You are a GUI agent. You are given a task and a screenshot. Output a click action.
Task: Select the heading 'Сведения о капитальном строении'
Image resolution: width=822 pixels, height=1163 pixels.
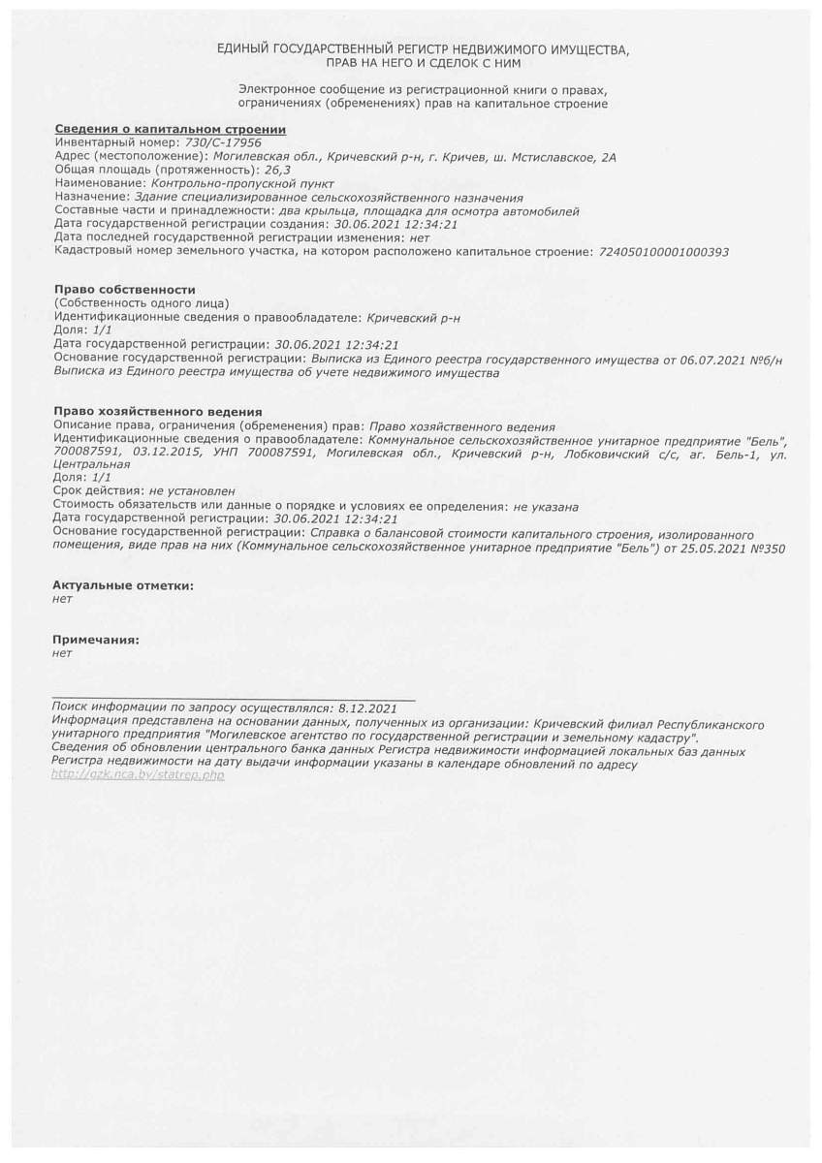pos(170,130)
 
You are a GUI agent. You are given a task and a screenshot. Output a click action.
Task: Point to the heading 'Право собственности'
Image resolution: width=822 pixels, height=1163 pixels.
pos(125,290)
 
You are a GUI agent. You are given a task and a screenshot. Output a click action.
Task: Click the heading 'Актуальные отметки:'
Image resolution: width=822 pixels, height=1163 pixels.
pos(123,585)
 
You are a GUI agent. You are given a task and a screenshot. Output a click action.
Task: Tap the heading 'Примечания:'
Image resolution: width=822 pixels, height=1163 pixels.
pos(96,641)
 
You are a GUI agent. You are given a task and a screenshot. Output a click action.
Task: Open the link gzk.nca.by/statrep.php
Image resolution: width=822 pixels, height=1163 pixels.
pos(138,775)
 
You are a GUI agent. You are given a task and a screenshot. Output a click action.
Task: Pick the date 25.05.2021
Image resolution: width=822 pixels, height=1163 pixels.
pos(711,549)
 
